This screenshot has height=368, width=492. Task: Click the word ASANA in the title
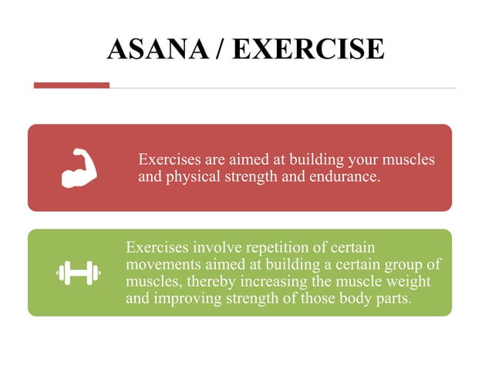pyautogui.click(x=157, y=49)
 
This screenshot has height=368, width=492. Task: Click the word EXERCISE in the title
pyautogui.click(x=308, y=49)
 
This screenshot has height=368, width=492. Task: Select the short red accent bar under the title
pyautogui.click(x=72, y=85)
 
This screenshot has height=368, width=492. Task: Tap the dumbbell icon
pyautogui.click(x=79, y=272)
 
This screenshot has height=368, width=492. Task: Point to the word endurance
pyautogui.click(x=345, y=177)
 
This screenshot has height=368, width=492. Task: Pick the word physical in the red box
pyautogui.click(x=192, y=177)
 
